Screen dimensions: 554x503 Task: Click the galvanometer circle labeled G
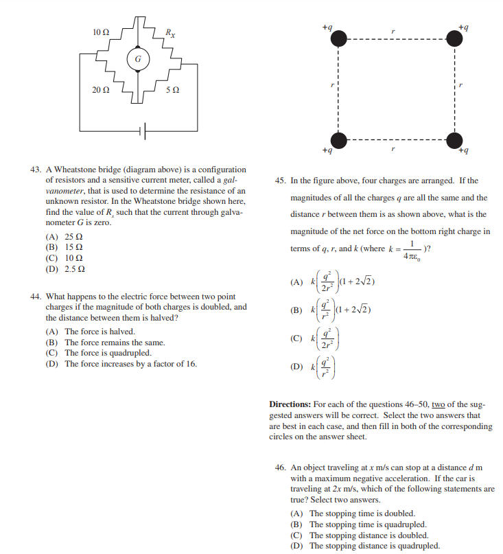pyautogui.click(x=138, y=59)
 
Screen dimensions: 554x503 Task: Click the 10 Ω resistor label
pyautogui.click(x=100, y=32)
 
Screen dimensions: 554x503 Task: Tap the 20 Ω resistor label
pyautogui.click(x=100, y=90)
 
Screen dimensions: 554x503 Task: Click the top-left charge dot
pyautogui.click(x=338, y=38)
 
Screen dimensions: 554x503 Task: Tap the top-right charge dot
pyautogui.click(x=455, y=38)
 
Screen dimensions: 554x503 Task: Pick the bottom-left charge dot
pyautogui.click(x=338, y=138)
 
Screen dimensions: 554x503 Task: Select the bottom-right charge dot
pyautogui.click(x=455, y=138)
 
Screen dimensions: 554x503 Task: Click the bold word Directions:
pyautogui.click(x=292, y=404)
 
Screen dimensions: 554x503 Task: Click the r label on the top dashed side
pyautogui.click(x=393, y=30)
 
